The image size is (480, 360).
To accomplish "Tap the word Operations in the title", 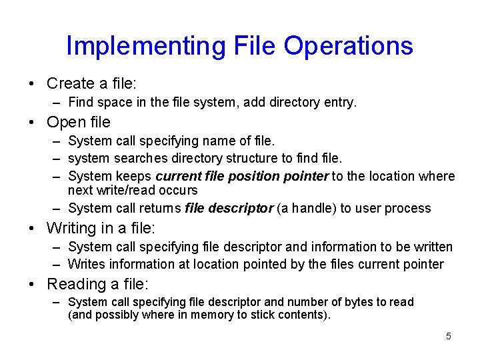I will [348, 46].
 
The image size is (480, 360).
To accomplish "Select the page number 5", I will [448, 336].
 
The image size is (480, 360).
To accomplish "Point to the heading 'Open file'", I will [79, 122].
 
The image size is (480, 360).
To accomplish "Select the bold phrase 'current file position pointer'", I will [242, 176].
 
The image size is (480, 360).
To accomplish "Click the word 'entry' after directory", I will [340, 103].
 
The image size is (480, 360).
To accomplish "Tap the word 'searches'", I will [141, 158].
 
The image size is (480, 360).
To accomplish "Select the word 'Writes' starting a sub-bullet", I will [87, 264].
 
